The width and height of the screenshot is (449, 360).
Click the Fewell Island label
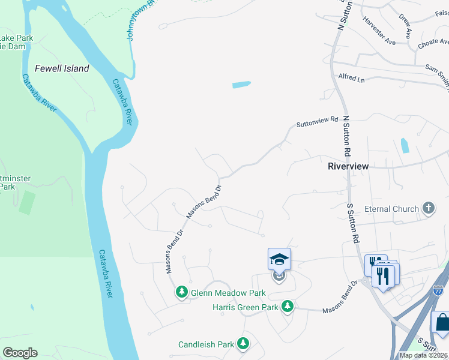click(62, 68)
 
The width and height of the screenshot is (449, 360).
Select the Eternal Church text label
click(396, 209)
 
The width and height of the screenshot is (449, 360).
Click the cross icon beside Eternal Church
click(428, 209)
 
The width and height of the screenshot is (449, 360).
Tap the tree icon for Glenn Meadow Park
click(182, 292)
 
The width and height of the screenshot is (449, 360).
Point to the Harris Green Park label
click(246, 307)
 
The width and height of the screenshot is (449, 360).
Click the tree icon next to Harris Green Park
click(288, 307)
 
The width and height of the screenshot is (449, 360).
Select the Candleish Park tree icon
click(243, 344)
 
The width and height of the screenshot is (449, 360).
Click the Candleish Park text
click(206, 344)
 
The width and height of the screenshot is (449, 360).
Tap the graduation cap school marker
click(279, 259)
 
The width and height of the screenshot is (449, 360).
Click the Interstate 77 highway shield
click(438, 291)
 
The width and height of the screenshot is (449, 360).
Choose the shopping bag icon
click(441, 322)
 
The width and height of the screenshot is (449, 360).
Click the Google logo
click(20, 352)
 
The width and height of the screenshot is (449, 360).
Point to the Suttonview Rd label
click(318, 123)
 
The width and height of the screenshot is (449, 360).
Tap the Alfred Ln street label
click(352, 78)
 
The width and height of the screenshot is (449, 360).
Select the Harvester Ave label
click(379, 30)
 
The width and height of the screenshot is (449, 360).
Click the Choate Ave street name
click(434, 43)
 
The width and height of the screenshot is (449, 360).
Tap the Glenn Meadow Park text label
click(228, 293)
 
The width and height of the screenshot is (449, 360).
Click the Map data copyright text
click(423, 355)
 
